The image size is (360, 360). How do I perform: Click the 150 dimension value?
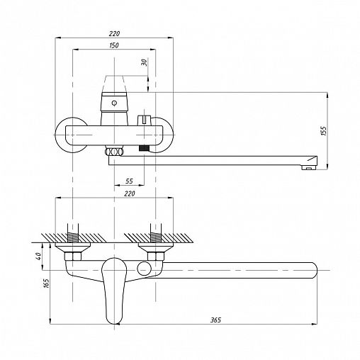[x=114, y=45]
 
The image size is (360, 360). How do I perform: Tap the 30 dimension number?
[x=144, y=62]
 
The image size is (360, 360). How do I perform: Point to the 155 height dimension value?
[x=324, y=131]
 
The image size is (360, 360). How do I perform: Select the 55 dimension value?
[x=129, y=181]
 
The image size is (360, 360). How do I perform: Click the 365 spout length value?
[x=215, y=320]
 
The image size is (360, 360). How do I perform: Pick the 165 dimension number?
[x=47, y=283]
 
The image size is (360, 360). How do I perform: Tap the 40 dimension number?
[x=38, y=256]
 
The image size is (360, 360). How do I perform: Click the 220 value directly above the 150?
[x=114, y=33]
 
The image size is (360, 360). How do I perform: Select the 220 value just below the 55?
[x=130, y=193]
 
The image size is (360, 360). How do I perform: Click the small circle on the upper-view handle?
[x=114, y=103]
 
